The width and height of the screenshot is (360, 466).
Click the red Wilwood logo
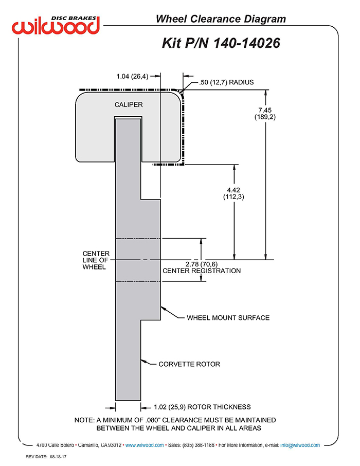coord(56,26)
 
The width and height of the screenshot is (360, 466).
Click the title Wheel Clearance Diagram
coord(221,19)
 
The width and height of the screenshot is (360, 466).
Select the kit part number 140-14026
coord(246,43)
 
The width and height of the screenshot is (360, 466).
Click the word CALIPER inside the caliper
coord(129,104)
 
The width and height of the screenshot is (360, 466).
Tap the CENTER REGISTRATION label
coord(202,271)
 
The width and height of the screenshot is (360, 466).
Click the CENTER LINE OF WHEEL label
coord(96,260)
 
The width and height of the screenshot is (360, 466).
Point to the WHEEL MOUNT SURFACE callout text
coord(228,318)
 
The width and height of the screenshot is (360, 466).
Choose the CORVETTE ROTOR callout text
coord(189,364)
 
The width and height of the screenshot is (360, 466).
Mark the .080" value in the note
coord(153,420)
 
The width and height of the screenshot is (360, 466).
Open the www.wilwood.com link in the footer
coord(145,445)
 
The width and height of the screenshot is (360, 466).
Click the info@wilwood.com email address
coord(300,445)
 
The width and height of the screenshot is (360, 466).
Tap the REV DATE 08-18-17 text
coord(46,457)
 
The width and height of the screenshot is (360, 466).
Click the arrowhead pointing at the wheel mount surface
coord(164,309)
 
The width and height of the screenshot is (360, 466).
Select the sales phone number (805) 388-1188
coord(199,445)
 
